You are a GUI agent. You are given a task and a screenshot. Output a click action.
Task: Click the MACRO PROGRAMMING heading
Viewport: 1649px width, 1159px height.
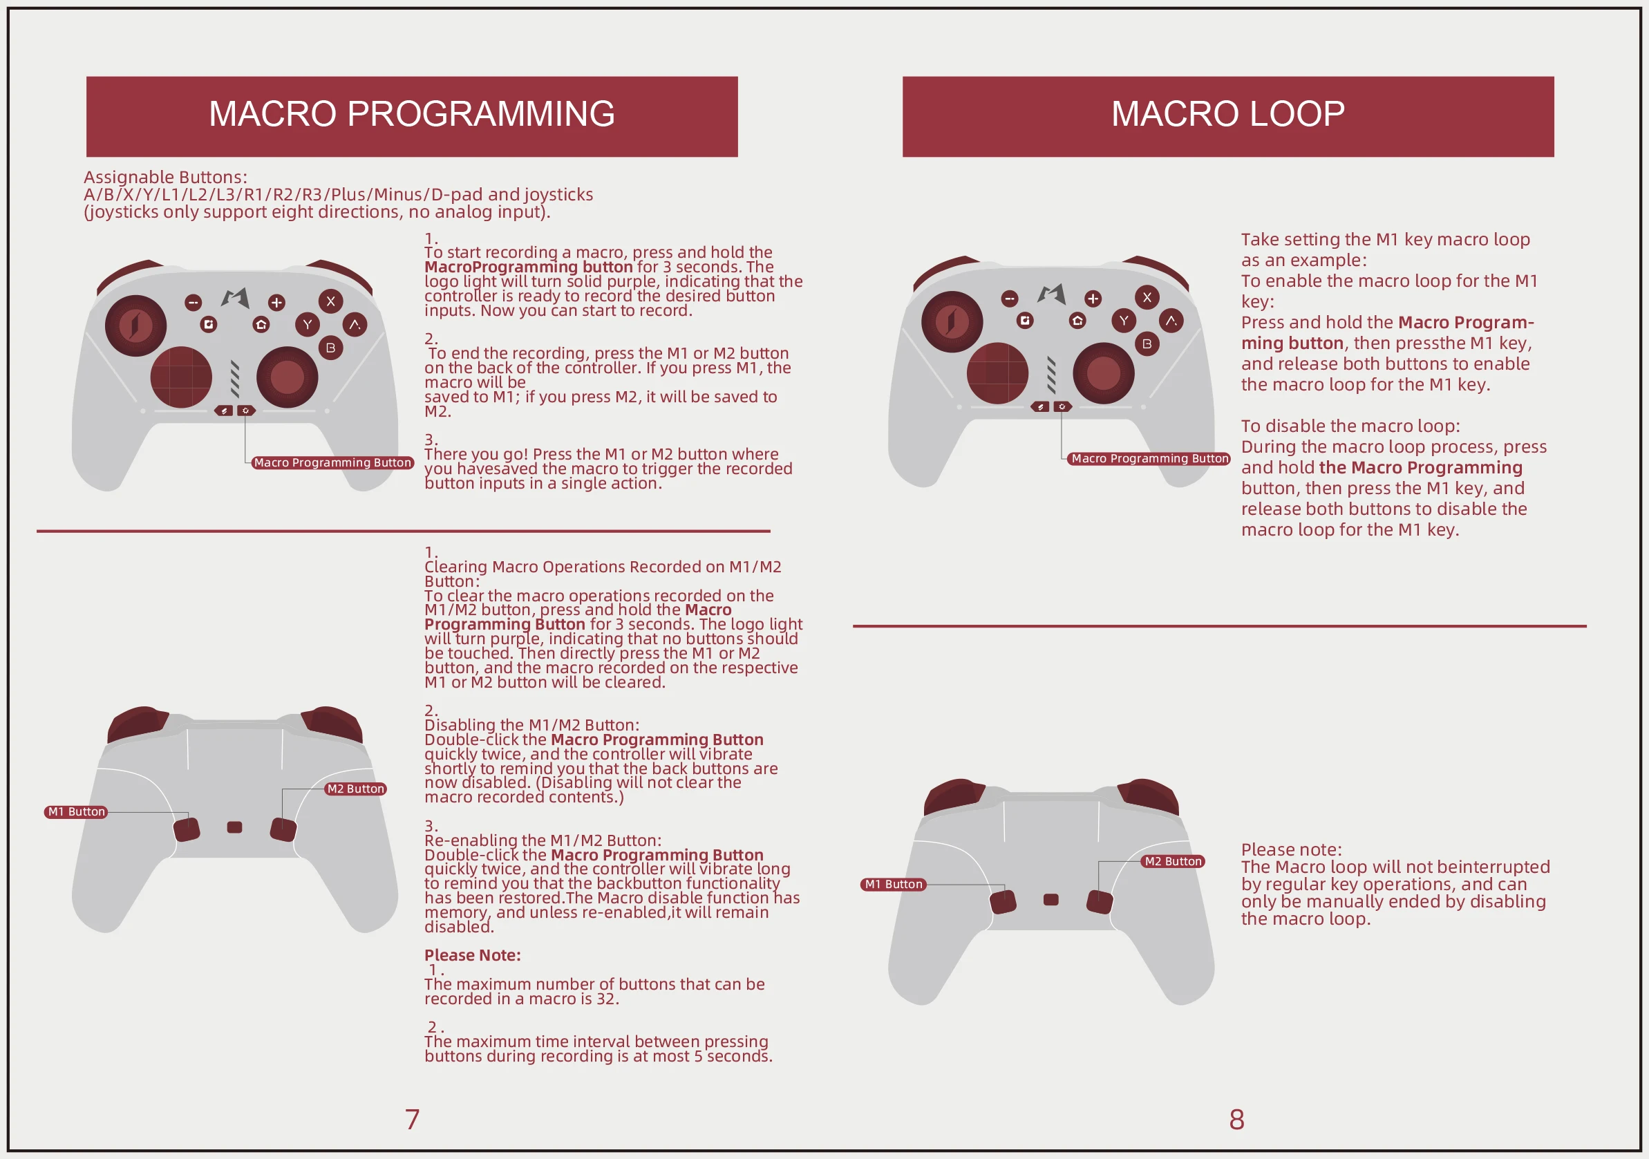(x=411, y=114)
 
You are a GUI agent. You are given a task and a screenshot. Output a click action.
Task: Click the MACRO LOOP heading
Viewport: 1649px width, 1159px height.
(x=1227, y=114)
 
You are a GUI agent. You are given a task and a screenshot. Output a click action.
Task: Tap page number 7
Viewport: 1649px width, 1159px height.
(x=411, y=1119)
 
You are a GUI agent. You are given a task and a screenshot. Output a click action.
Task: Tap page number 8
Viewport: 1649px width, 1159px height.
(x=1236, y=1119)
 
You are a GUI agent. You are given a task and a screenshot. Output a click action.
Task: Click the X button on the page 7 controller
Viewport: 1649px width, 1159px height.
(x=330, y=301)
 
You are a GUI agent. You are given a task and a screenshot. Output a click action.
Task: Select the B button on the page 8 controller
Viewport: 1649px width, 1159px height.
(x=1147, y=344)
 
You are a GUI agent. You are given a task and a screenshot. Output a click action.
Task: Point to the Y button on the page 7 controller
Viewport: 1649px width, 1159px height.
(x=308, y=325)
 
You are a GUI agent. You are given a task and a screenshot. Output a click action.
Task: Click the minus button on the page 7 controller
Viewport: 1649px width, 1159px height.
(x=193, y=302)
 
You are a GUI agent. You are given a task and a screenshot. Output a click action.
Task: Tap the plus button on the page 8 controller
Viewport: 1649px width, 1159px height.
(x=1093, y=298)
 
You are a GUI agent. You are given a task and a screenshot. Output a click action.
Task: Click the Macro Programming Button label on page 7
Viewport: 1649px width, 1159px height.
(x=332, y=462)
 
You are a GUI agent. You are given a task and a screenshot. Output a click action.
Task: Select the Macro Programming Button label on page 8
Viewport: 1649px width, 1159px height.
(x=1149, y=458)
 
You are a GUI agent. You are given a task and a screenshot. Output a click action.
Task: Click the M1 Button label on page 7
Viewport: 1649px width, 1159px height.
(x=76, y=811)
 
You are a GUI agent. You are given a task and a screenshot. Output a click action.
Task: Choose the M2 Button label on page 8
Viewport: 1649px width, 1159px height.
(x=1172, y=861)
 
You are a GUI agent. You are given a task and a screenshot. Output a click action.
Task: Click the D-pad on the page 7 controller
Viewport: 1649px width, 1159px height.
(x=181, y=376)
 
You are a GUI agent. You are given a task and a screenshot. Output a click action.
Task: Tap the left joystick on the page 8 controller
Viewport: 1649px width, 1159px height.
(x=952, y=321)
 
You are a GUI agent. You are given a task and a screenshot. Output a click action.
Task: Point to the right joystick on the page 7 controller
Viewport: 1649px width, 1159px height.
(x=287, y=377)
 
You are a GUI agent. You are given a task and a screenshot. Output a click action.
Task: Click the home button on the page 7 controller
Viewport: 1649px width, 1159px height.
(x=261, y=325)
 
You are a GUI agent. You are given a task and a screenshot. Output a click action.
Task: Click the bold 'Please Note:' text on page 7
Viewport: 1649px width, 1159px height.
(x=472, y=955)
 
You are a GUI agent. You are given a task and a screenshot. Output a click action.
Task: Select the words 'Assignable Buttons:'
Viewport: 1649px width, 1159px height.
(x=165, y=177)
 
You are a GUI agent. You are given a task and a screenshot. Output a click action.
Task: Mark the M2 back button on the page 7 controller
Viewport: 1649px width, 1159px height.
(x=283, y=829)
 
